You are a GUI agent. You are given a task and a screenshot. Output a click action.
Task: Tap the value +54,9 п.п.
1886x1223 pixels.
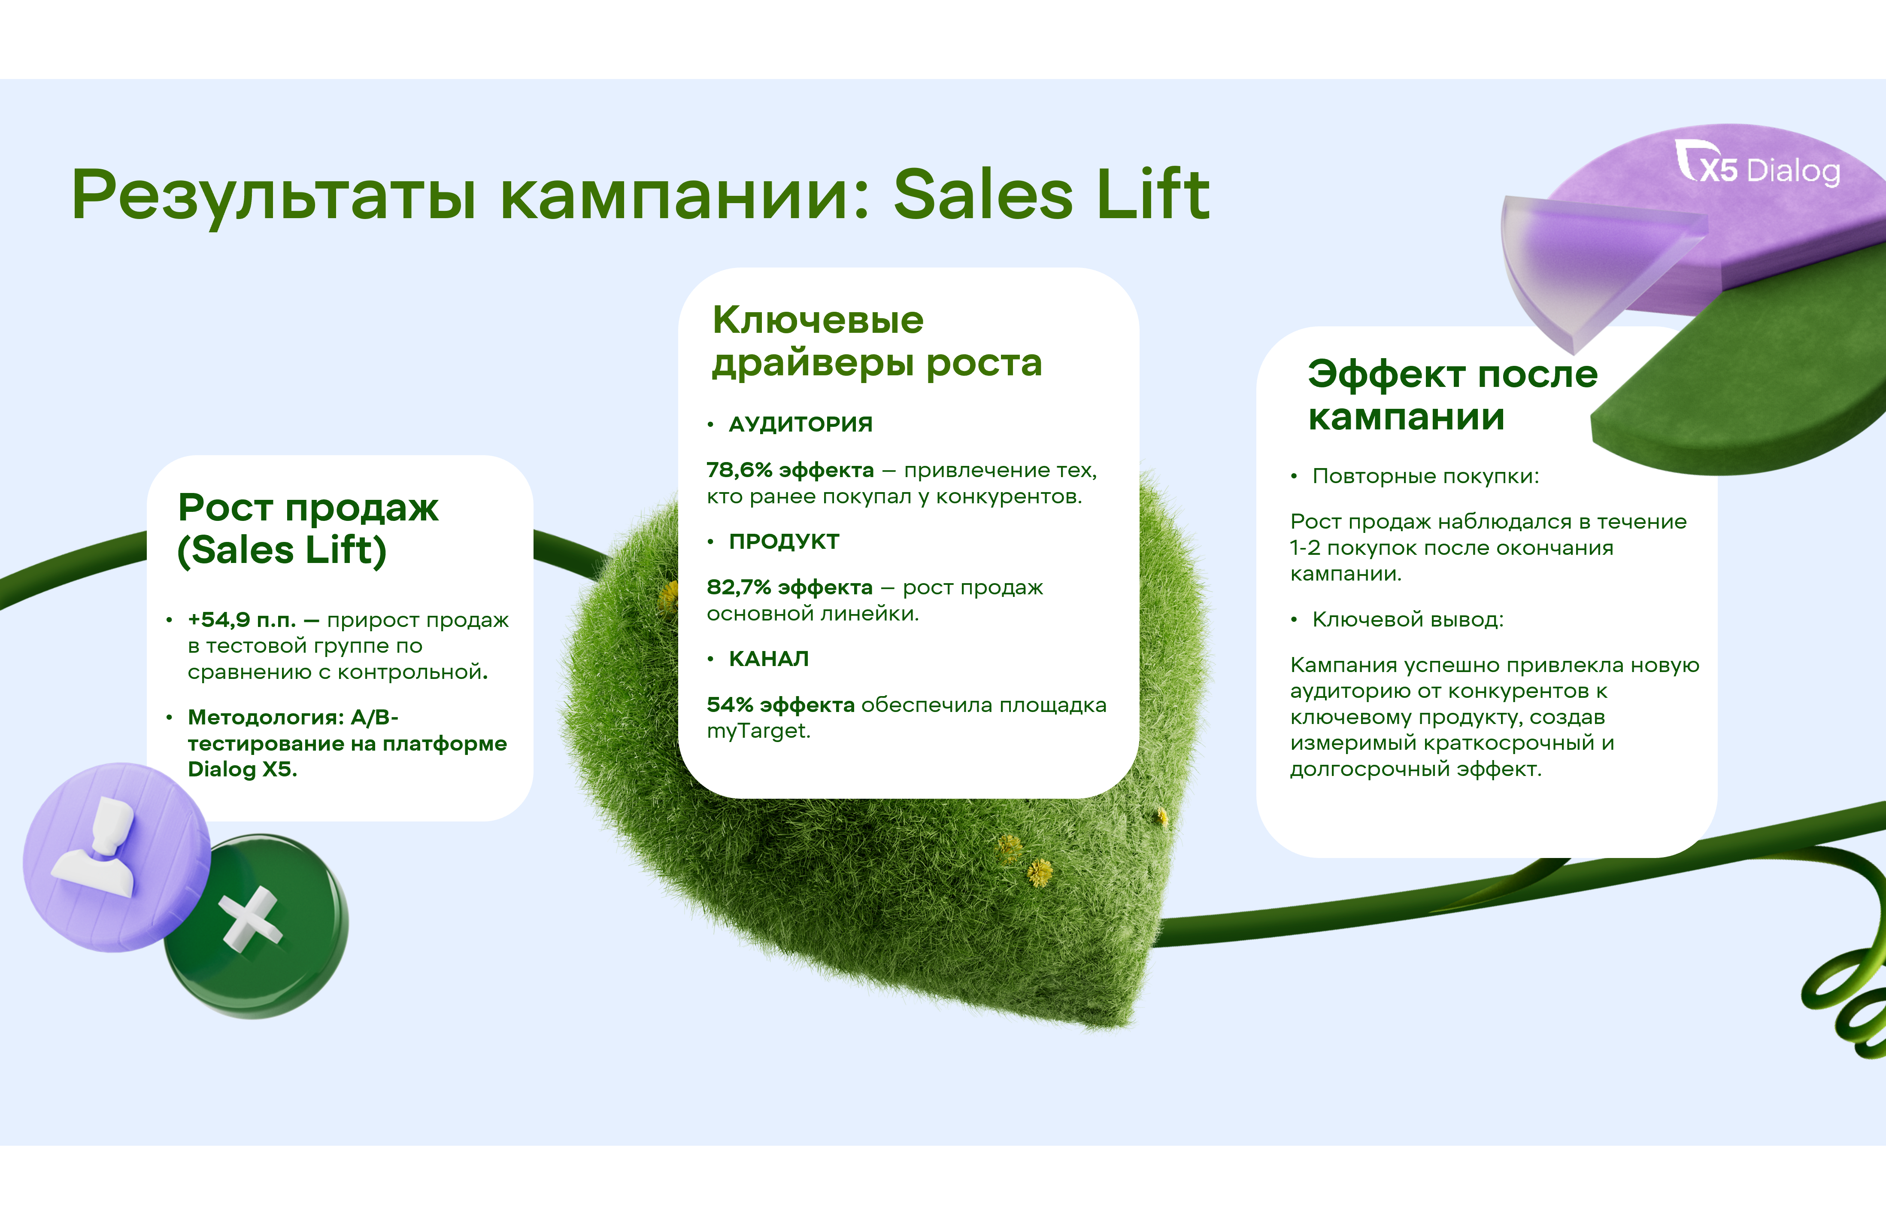(242, 620)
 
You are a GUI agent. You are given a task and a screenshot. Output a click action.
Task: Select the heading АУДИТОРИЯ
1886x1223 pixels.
(800, 424)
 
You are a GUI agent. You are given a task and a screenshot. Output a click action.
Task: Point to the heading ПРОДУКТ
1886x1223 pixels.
(784, 542)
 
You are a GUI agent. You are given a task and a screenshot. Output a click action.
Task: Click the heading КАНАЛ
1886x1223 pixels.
(769, 659)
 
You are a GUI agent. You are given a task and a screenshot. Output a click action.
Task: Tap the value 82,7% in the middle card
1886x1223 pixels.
(739, 587)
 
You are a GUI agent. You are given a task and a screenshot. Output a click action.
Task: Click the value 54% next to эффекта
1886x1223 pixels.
(730, 705)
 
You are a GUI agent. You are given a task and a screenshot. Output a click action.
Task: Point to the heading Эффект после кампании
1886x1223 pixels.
(1452, 395)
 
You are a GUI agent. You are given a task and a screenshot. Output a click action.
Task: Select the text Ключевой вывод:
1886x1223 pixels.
(1407, 619)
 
